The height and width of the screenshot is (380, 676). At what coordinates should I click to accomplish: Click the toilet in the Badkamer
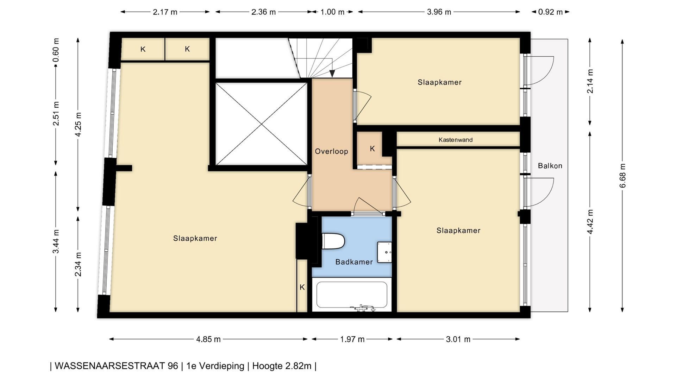pyautogui.click(x=333, y=241)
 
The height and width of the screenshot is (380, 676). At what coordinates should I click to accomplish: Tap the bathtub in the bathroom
pyautogui.click(x=352, y=295)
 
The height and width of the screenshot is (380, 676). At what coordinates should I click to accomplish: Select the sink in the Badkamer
pyautogui.click(x=384, y=252)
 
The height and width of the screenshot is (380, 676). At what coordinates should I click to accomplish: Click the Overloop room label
pyautogui.click(x=331, y=151)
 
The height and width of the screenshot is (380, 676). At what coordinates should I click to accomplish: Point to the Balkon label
pyautogui.click(x=550, y=166)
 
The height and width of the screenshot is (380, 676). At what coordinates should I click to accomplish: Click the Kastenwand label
pyautogui.click(x=456, y=140)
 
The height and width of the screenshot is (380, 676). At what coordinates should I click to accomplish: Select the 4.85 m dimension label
pyautogui.click(x=208, y=339)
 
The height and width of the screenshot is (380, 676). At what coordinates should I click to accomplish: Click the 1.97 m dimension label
pyautogui.click(x=352, y=339)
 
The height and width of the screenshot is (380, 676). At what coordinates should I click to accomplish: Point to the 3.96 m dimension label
pyautogui.click(x=439, y=12)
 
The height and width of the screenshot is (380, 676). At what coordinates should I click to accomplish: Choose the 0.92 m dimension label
pyautogui.click(x=550, y=12)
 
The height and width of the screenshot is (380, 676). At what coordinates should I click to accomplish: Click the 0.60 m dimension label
pyautogui.click(x=56, y=50)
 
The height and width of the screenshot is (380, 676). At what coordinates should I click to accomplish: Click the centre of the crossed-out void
pyautogui.click(x=261, y=124)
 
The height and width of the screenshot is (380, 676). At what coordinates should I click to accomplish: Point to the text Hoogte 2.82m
pyautogui.click(x=282, y=366)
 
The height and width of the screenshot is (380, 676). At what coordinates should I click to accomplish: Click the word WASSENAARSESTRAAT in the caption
pyautogui.click(x=111, y=366)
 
